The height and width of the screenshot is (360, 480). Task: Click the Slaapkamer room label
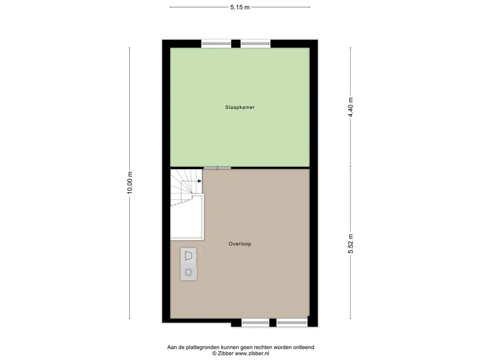[240, 107]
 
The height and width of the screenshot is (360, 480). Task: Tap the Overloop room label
[240, 244]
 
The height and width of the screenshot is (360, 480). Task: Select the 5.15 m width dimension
[240, 7]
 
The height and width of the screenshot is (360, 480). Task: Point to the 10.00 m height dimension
[130, 182]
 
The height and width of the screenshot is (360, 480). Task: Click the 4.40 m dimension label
[351, 107]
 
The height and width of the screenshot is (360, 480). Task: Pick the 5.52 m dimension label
[351, 244]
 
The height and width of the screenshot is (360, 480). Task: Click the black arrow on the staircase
[200, 181]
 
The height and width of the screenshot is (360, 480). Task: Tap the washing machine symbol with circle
[188, 272]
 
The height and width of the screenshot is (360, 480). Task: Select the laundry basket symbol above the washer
[188, 255]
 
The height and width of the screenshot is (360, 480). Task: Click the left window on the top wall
[216, 44]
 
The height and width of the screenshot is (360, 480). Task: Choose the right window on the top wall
[255, 44]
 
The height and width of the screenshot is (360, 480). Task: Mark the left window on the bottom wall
[255, 322]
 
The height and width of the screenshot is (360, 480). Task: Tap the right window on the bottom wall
[292, 322]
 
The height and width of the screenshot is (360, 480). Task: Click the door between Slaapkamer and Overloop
[217, 168]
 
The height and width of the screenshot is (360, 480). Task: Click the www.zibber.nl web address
[252, 353]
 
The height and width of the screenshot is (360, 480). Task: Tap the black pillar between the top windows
[236, 44]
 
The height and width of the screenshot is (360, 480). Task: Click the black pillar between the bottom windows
[273, 322]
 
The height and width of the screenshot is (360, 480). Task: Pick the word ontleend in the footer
[304, 347]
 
